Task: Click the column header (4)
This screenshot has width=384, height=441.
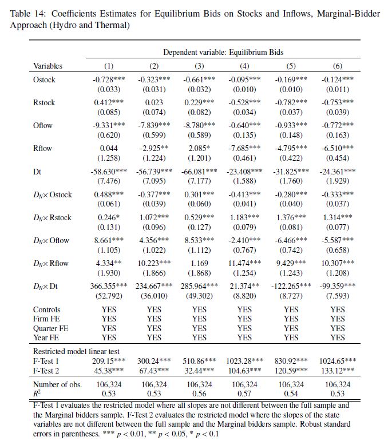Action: click(x=244, y=66)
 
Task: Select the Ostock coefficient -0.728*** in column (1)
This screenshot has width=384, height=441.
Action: click(x=109, y=80)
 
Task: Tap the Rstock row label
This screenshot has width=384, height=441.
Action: click(x=45, y=102)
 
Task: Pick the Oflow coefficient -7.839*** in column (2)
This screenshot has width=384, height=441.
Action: click(x=154, y=125)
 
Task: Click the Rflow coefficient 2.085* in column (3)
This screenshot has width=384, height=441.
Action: click(x=199, y=148)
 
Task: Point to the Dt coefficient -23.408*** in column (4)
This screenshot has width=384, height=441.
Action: click(x=244, y=171)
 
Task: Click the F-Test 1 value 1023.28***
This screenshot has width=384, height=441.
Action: click(x=244, y=361)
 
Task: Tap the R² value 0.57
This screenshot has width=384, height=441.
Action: click(x=244, y=394)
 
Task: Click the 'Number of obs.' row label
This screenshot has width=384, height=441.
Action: click(x=57, y=384)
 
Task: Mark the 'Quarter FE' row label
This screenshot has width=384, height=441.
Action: click(x=53, y=328)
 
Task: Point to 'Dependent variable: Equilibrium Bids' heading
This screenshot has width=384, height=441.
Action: click(x=223, y=52)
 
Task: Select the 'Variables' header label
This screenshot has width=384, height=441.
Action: click(x=47, y=66)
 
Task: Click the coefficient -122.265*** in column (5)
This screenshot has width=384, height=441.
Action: click(x=291, y=285)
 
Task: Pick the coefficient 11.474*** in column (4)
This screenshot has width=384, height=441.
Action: click(x=244, y=263)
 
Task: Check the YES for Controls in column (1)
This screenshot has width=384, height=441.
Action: click(x=109, y=309)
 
